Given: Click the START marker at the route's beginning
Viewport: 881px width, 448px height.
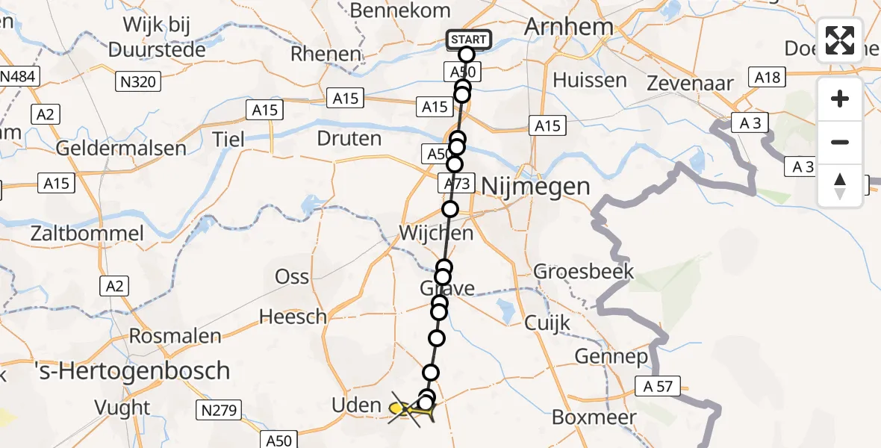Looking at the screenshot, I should tap(468, 40).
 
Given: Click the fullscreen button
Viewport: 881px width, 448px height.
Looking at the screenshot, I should tap(840, 40).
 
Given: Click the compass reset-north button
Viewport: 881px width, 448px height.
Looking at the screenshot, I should tap(840, 186).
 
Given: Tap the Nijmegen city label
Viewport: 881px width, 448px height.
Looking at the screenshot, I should tap(535, 186).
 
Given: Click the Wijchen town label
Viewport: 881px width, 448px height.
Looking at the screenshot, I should tap(436, 233).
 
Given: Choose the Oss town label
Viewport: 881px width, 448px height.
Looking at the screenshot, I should tap(292, 276).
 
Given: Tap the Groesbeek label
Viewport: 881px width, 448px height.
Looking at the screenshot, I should tap(583, 271).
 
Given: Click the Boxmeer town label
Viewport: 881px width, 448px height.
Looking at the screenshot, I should tap(594, 417).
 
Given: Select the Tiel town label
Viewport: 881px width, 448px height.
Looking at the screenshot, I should tap(228, 139).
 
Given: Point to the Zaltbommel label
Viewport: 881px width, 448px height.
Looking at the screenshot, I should tap(87, 233).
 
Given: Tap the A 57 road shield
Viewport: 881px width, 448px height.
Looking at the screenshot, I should tap(659, 386).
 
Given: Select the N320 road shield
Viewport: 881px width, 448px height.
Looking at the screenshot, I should tap(139, 81).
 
